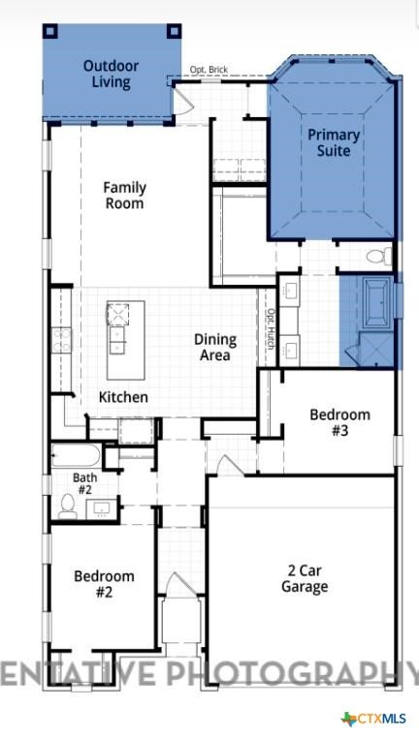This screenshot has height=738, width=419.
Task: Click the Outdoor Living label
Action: click(x=111, y=74)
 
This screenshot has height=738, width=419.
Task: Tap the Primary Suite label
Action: click(x=334, y=142)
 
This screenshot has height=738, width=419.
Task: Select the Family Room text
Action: click(x=124, y=196)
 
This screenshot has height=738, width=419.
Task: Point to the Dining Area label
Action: click(x=215, y=347)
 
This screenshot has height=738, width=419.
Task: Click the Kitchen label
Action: click(x=123, y=397)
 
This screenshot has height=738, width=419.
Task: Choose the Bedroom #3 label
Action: click(x=339, y=422)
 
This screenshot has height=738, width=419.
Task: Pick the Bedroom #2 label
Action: click(x=104, y=584)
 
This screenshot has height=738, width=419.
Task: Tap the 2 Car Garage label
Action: click(x=305, y=578)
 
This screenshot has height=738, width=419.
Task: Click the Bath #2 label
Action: click(x=84, y=484)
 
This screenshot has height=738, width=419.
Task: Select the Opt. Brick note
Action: click(x=209, y=70)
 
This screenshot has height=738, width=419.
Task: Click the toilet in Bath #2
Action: click(x=68, y=507)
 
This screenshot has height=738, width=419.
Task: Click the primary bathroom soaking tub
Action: click(x=376, y=302)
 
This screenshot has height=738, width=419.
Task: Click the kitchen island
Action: click(x=125, y=340)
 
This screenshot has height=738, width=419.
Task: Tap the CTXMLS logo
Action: click(x=373, y=719)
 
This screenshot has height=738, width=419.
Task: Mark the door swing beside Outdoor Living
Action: click(x=183, y=101)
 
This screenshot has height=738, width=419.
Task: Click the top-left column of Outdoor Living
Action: click(x=50, y=32)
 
